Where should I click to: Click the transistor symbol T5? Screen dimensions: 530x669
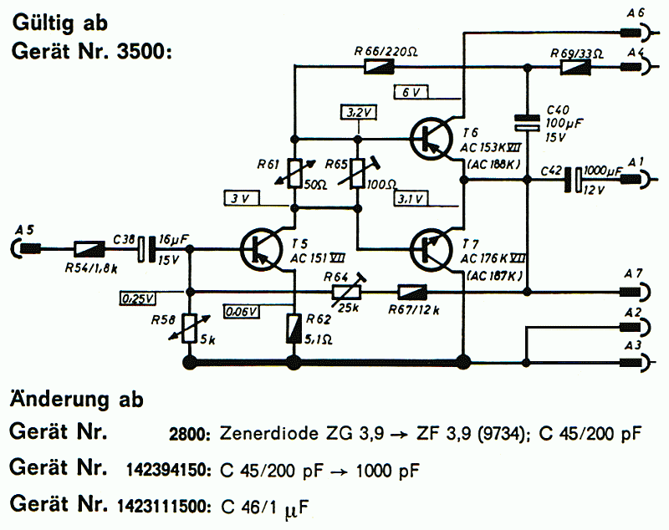[x=259, y=248]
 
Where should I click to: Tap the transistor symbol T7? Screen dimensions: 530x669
[x=432, y=248]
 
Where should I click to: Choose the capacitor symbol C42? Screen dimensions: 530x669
[x=575, y=178]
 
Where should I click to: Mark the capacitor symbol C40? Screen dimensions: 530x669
[x=526, y=122]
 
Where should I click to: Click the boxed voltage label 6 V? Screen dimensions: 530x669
[x=411, y=91]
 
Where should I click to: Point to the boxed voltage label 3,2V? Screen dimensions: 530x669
[x=358, y=111]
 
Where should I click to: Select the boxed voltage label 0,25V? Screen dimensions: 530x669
[x=139, y=297]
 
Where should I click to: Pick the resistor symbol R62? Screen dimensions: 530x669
[x=294, y=327]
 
